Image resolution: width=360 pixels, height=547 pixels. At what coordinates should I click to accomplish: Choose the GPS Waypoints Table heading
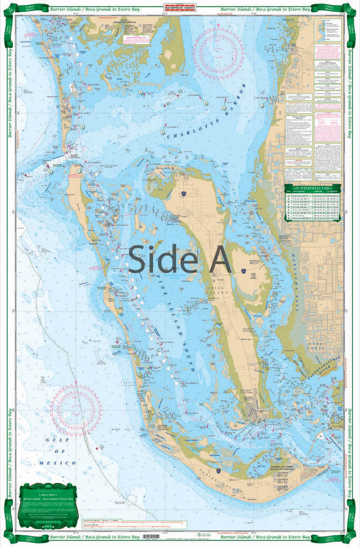[x=313, y=190]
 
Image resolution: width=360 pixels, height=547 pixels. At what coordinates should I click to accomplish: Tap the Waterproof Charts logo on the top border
[x=180, y=8]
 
